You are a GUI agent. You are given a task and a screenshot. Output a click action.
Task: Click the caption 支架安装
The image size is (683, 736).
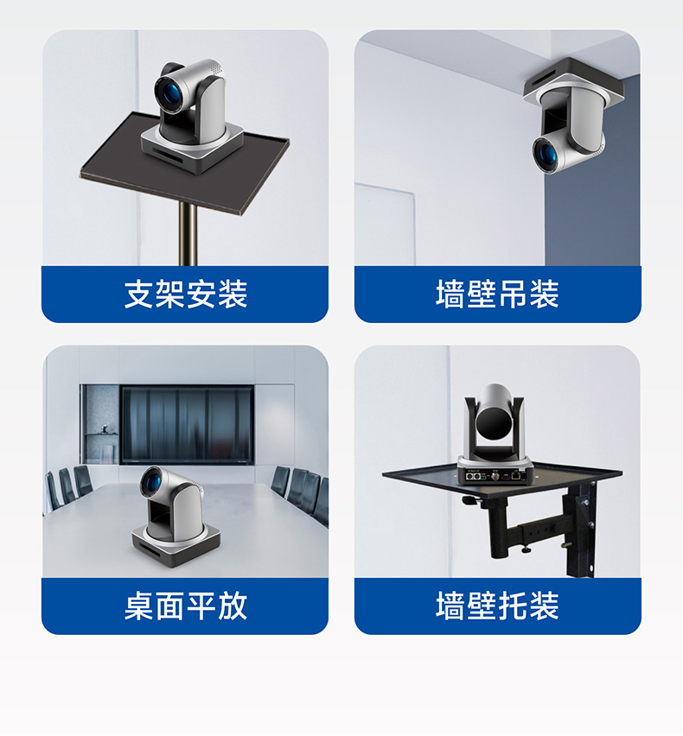(x=186, y=295)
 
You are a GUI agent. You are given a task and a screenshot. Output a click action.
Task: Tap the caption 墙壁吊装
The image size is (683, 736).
(x=497, y=295)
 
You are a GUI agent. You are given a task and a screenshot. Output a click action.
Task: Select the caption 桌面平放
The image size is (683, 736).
(x=186, y=606)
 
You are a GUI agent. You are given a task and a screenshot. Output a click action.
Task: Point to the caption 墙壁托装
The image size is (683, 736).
(x=497, y=606)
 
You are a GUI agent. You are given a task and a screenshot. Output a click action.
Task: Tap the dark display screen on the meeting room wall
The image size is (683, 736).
(x=188, y=424)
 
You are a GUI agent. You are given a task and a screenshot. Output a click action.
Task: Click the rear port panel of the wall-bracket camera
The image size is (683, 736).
(x=495, y=475)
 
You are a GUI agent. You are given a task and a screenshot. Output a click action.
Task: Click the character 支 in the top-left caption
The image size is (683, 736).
(x=139, y=295)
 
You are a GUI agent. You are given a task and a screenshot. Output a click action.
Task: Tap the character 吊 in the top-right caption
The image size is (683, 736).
(x=513, y=295)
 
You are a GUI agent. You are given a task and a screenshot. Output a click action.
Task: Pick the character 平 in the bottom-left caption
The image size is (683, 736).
(x=201, y=606)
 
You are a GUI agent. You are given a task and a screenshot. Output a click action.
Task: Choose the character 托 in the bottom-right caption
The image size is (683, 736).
(x=513, y=606)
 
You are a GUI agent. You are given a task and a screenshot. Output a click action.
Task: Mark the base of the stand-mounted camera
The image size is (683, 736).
(x=192, y=148)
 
